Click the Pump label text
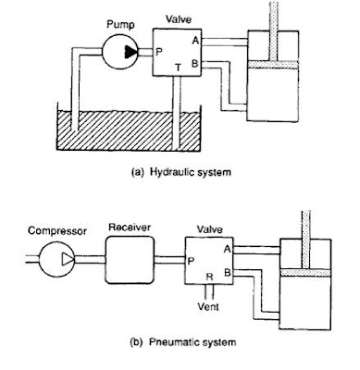click(120, 25)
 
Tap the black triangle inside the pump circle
click(130, 52)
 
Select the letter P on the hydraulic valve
click(158, 52)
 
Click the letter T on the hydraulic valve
click(178, 67)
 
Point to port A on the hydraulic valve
click(194, 40)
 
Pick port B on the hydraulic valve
click(194, 64)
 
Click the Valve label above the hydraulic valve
click(179, 19)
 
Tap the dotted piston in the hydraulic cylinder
click(273, 65)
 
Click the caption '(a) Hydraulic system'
click(181, 172)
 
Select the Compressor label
click(57, 230)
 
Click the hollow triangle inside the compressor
click(68, 259)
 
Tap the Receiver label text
click(130, 228)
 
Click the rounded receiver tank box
click(130, 260)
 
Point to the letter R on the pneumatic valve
click(209, 277)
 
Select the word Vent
click(208, 306)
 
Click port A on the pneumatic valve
click(227, 249)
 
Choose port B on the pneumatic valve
click(228, 273)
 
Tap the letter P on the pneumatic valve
click(191, 262)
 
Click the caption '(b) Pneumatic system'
click(183, 342)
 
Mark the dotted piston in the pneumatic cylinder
click(305, 273)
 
